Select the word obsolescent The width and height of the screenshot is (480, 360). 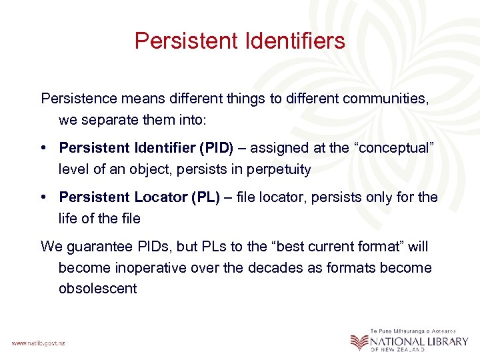pos(98,289)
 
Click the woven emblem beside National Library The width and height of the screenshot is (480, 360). pos(359,341)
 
